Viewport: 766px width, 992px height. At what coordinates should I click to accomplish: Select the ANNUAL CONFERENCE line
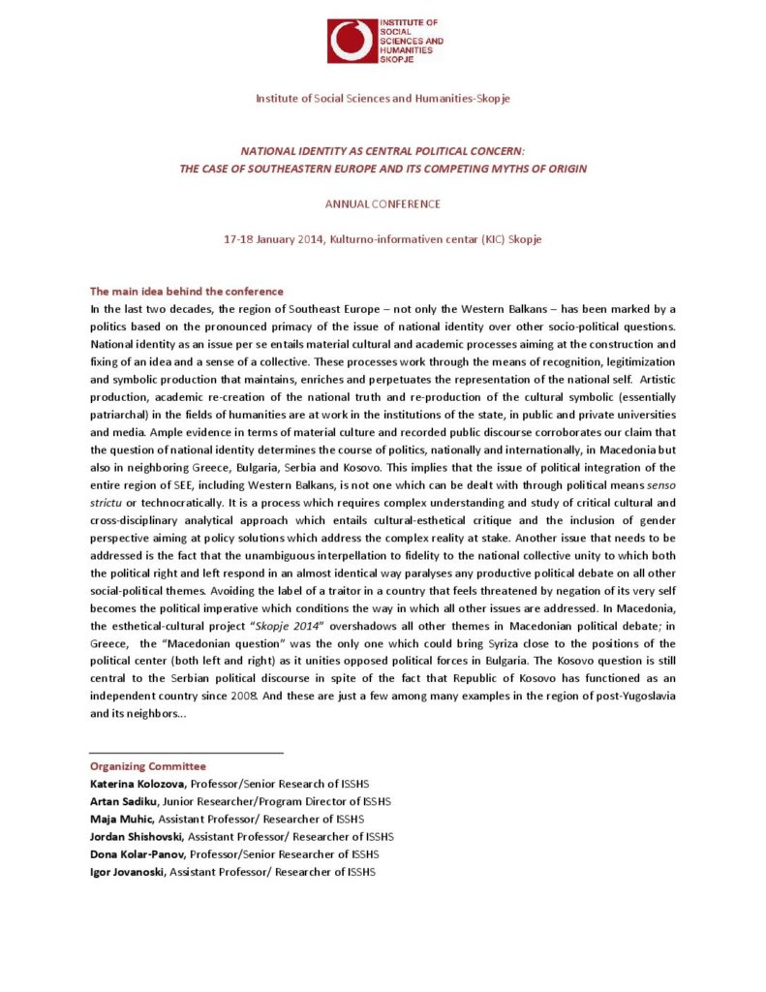coord(383,204)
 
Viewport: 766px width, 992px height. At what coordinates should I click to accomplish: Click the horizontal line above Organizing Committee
coord(186,753)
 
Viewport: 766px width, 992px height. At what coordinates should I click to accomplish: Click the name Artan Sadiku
coord(123,801)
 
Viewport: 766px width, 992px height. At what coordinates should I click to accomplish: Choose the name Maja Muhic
coord(117,819)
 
